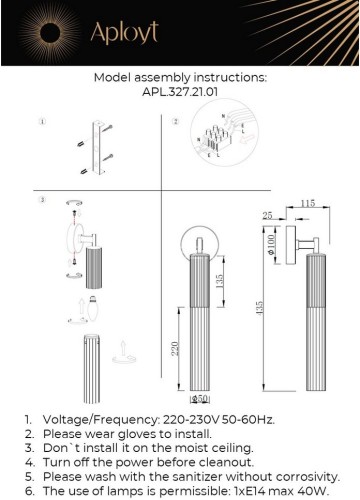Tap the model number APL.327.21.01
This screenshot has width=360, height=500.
pos(181,89)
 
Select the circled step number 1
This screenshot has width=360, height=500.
pos(42,123)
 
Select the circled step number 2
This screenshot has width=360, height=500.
pos(175,123)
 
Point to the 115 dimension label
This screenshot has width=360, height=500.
pos(306,203)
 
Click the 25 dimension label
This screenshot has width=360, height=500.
pos(268,214)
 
